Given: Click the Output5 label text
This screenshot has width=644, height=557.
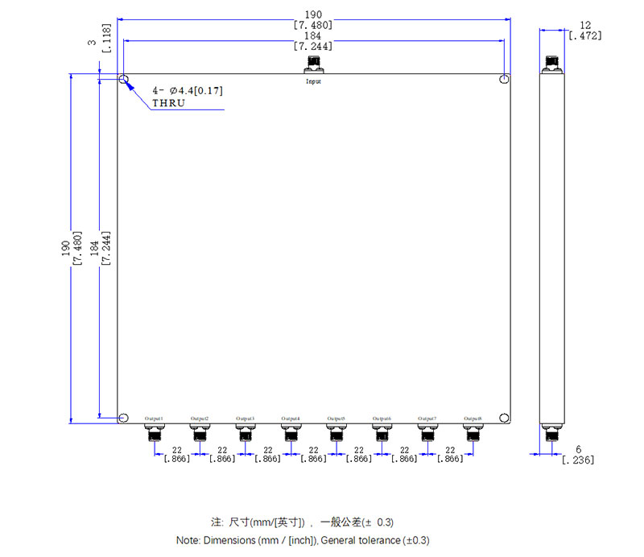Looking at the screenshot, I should (x=336, y=419).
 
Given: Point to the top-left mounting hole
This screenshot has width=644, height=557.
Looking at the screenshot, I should (x=123, y=80).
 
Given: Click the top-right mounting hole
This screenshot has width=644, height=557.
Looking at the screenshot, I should (x=503, y=80).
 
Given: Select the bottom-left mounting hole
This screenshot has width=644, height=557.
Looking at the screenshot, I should (x=123, y=418).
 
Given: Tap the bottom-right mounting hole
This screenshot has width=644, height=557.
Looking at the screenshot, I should (x=503, y=418).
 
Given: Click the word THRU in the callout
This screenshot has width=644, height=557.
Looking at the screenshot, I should (x=169, y=104).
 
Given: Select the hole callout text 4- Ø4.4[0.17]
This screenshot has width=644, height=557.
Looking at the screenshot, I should (x=187, y=90).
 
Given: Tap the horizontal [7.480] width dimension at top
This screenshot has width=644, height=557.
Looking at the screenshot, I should (x=313, y=25).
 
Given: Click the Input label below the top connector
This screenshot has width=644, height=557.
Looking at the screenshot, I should (x=313, y=81).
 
